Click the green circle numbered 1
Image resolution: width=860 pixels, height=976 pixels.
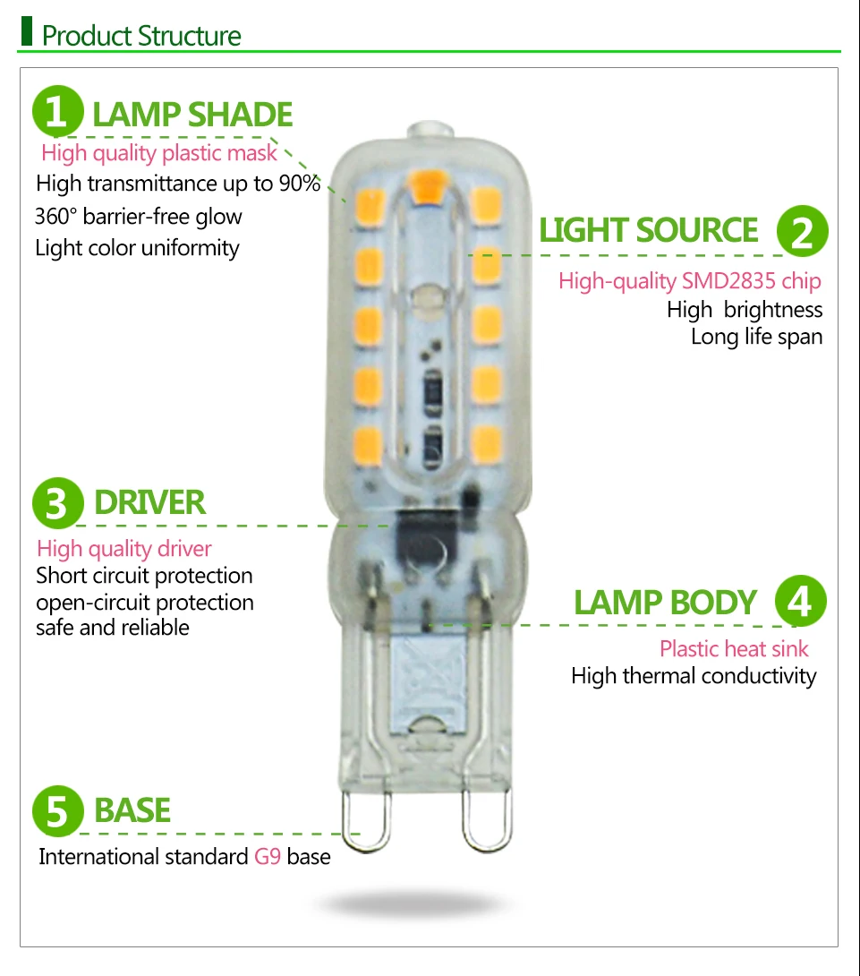[x=58, y=114]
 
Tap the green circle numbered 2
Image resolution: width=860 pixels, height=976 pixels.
[x=802, y=231]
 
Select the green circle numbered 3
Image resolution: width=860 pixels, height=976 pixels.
[x=58, y=502]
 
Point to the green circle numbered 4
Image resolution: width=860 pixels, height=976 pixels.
[x=800, y=602]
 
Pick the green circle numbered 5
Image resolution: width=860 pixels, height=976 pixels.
[x=58, y=810]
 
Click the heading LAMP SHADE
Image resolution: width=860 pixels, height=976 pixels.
[x=192, y=115]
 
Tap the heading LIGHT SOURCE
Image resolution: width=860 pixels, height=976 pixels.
[x=649, y=230]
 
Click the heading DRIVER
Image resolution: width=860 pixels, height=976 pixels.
[x=149, y=502]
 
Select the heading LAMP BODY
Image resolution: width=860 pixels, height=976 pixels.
[x=665, y=603]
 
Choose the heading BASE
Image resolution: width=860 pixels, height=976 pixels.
[x=132, y=810]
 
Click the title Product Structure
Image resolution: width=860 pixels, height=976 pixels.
[x=141, y=36]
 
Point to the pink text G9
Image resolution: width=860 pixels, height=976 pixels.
[x=268, y=857]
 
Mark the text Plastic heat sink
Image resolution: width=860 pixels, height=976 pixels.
[x=734, y=649]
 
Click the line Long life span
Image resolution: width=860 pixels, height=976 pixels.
[x=756, y=338]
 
